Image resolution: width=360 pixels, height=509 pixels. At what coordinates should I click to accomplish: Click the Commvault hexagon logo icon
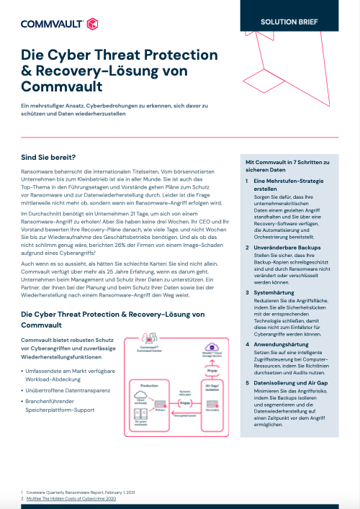[91, 24]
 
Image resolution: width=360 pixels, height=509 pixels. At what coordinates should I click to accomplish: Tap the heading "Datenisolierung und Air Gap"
[292, 384]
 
